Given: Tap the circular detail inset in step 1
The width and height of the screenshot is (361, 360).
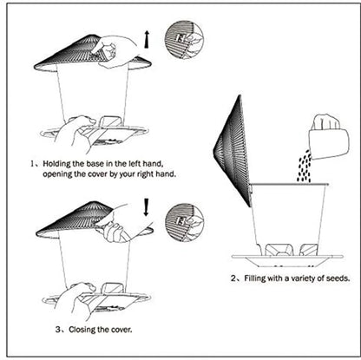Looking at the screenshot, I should click(x=183, y=40).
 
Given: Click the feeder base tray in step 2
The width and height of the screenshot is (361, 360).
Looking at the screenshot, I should click(x=286, y=257).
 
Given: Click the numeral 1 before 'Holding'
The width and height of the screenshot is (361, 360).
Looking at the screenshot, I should click(x=32, y=162).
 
